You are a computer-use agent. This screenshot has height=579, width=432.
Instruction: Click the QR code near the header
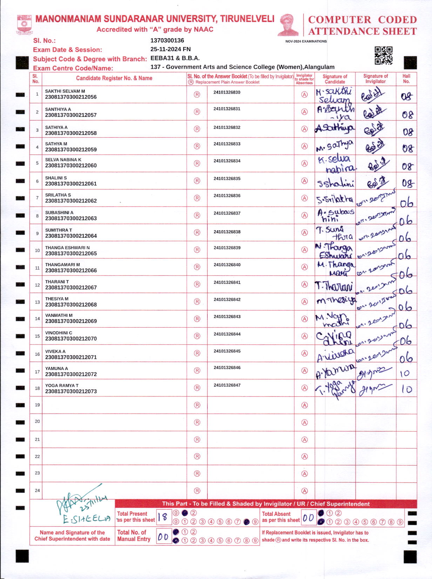click(383, 56)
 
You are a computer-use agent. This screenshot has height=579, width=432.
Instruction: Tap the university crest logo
click(24, 24)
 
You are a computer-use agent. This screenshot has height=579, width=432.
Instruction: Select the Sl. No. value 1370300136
click(167, 41)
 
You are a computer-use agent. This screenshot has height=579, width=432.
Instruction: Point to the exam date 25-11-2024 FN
click(170, 49)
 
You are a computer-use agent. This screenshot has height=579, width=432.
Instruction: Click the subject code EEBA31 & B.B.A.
click(175, 58)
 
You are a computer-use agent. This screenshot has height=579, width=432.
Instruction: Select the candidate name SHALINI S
click(56, 178)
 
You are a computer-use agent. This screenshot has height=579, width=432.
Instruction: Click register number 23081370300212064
click(71, 236)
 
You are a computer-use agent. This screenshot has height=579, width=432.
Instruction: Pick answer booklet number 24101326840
click(227, 265)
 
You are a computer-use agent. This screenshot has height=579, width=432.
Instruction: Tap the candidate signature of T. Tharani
click(334, 286)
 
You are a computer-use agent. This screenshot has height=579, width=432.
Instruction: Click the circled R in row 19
click(197, 405)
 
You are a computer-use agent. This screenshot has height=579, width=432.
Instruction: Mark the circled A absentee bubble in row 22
click(304, 457)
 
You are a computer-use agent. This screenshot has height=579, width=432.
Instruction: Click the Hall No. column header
click(406, 79)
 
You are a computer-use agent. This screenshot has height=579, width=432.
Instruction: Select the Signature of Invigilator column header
click(375, 79)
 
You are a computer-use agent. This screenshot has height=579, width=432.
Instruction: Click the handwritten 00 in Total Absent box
click(308, 518)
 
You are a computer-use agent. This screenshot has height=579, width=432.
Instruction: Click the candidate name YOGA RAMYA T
click(62, 386)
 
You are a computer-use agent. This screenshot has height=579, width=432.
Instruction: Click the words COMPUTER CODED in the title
click(362, 20)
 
